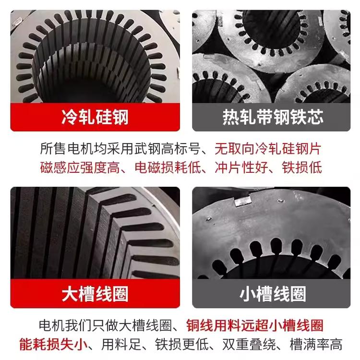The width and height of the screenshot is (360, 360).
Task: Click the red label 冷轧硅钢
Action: pos(95,117)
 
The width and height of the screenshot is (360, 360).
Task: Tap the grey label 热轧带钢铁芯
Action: pos(273,117)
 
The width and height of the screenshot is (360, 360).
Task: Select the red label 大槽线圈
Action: pos(95,294)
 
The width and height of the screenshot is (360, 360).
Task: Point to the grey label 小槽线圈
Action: pos(273,294)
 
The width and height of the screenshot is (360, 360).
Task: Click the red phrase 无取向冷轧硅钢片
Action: pos(268,149)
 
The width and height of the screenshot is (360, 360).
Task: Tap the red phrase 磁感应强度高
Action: pos(80,168)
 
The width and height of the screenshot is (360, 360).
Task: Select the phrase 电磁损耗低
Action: pos(168,168)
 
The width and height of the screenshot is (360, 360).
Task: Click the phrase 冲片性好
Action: pos(241,168)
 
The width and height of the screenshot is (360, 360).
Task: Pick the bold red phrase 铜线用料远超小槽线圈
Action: pos(255,325)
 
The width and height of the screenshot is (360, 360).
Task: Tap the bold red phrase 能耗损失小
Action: pos(53,344)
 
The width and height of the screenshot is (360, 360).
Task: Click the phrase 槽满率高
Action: pos(316,344)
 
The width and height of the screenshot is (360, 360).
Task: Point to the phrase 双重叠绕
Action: pos(249,344)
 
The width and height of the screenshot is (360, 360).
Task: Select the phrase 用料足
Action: pos(121,344)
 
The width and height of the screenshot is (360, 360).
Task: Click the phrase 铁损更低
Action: pos(181,344)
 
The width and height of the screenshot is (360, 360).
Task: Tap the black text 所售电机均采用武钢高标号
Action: pos(120,149)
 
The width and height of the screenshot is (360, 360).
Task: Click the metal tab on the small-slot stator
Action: pos(243,201)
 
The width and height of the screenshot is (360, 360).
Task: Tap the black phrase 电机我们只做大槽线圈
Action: pos(106,325)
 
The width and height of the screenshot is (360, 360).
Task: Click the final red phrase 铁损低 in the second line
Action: pos(302,168)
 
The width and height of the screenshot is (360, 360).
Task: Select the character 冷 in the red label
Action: pos(70,117)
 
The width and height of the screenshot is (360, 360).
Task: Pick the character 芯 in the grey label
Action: pos(315,117)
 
